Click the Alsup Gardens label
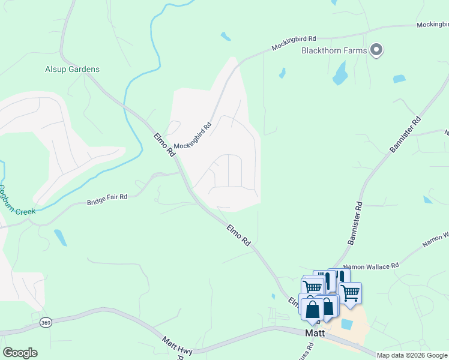coord(72,69)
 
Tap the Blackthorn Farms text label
coord(334,50)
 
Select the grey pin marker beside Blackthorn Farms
coord(376,50)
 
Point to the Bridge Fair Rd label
coord(107,197)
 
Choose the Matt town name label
coord(315,333)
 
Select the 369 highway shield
coord(46,323)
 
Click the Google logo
coord(20,353)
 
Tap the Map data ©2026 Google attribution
coord(412,355)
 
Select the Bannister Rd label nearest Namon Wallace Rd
coord(355,223)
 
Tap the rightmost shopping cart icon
coord(350,292)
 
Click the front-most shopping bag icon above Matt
coord(312,310)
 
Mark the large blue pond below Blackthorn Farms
coord(340,73)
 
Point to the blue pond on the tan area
coord(346,324)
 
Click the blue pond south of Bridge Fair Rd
coord(60,238)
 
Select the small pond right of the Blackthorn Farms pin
coord(399,79)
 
